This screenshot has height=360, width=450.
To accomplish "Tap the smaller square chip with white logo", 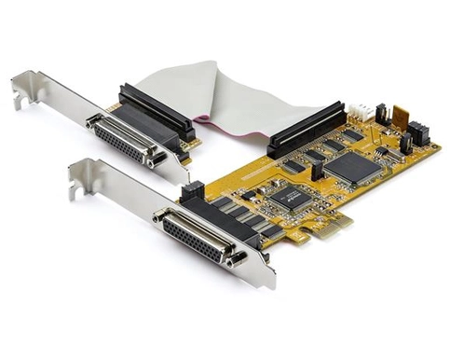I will click(292, 196).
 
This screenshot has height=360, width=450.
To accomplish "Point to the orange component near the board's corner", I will click(401, 118).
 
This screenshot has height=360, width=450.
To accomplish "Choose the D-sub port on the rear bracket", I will click(121, 138).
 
